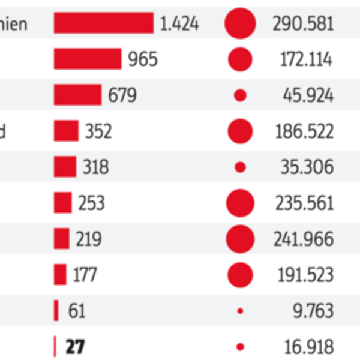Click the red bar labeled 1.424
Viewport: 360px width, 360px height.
(x=103, y=23)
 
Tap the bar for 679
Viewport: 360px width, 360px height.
(x=77, y=95)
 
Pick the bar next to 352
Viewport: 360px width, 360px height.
(x=66, y=131)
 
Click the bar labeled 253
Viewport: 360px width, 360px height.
(x=62, y=203)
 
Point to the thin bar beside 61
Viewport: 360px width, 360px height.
(x=56, y=311)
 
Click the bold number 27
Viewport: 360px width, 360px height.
(x=75, y=347)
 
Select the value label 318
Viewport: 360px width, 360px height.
(x=95, y=167)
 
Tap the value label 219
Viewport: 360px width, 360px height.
(x=88, y=239)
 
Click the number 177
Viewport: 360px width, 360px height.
(x=85, y=275)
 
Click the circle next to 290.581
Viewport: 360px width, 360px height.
(x=240, y=23)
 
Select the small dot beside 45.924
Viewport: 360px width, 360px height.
(x=240, y=95)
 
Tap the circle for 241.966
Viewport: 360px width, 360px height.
(x=240, y=239)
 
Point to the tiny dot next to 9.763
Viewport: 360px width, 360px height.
(x=240, y=311)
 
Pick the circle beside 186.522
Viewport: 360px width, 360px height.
(x=240, y=131)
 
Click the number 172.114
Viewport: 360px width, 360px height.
(x=306, y=59)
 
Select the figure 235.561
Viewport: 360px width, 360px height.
(x=304, y=203)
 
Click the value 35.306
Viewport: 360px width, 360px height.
(x=307, y=167)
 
